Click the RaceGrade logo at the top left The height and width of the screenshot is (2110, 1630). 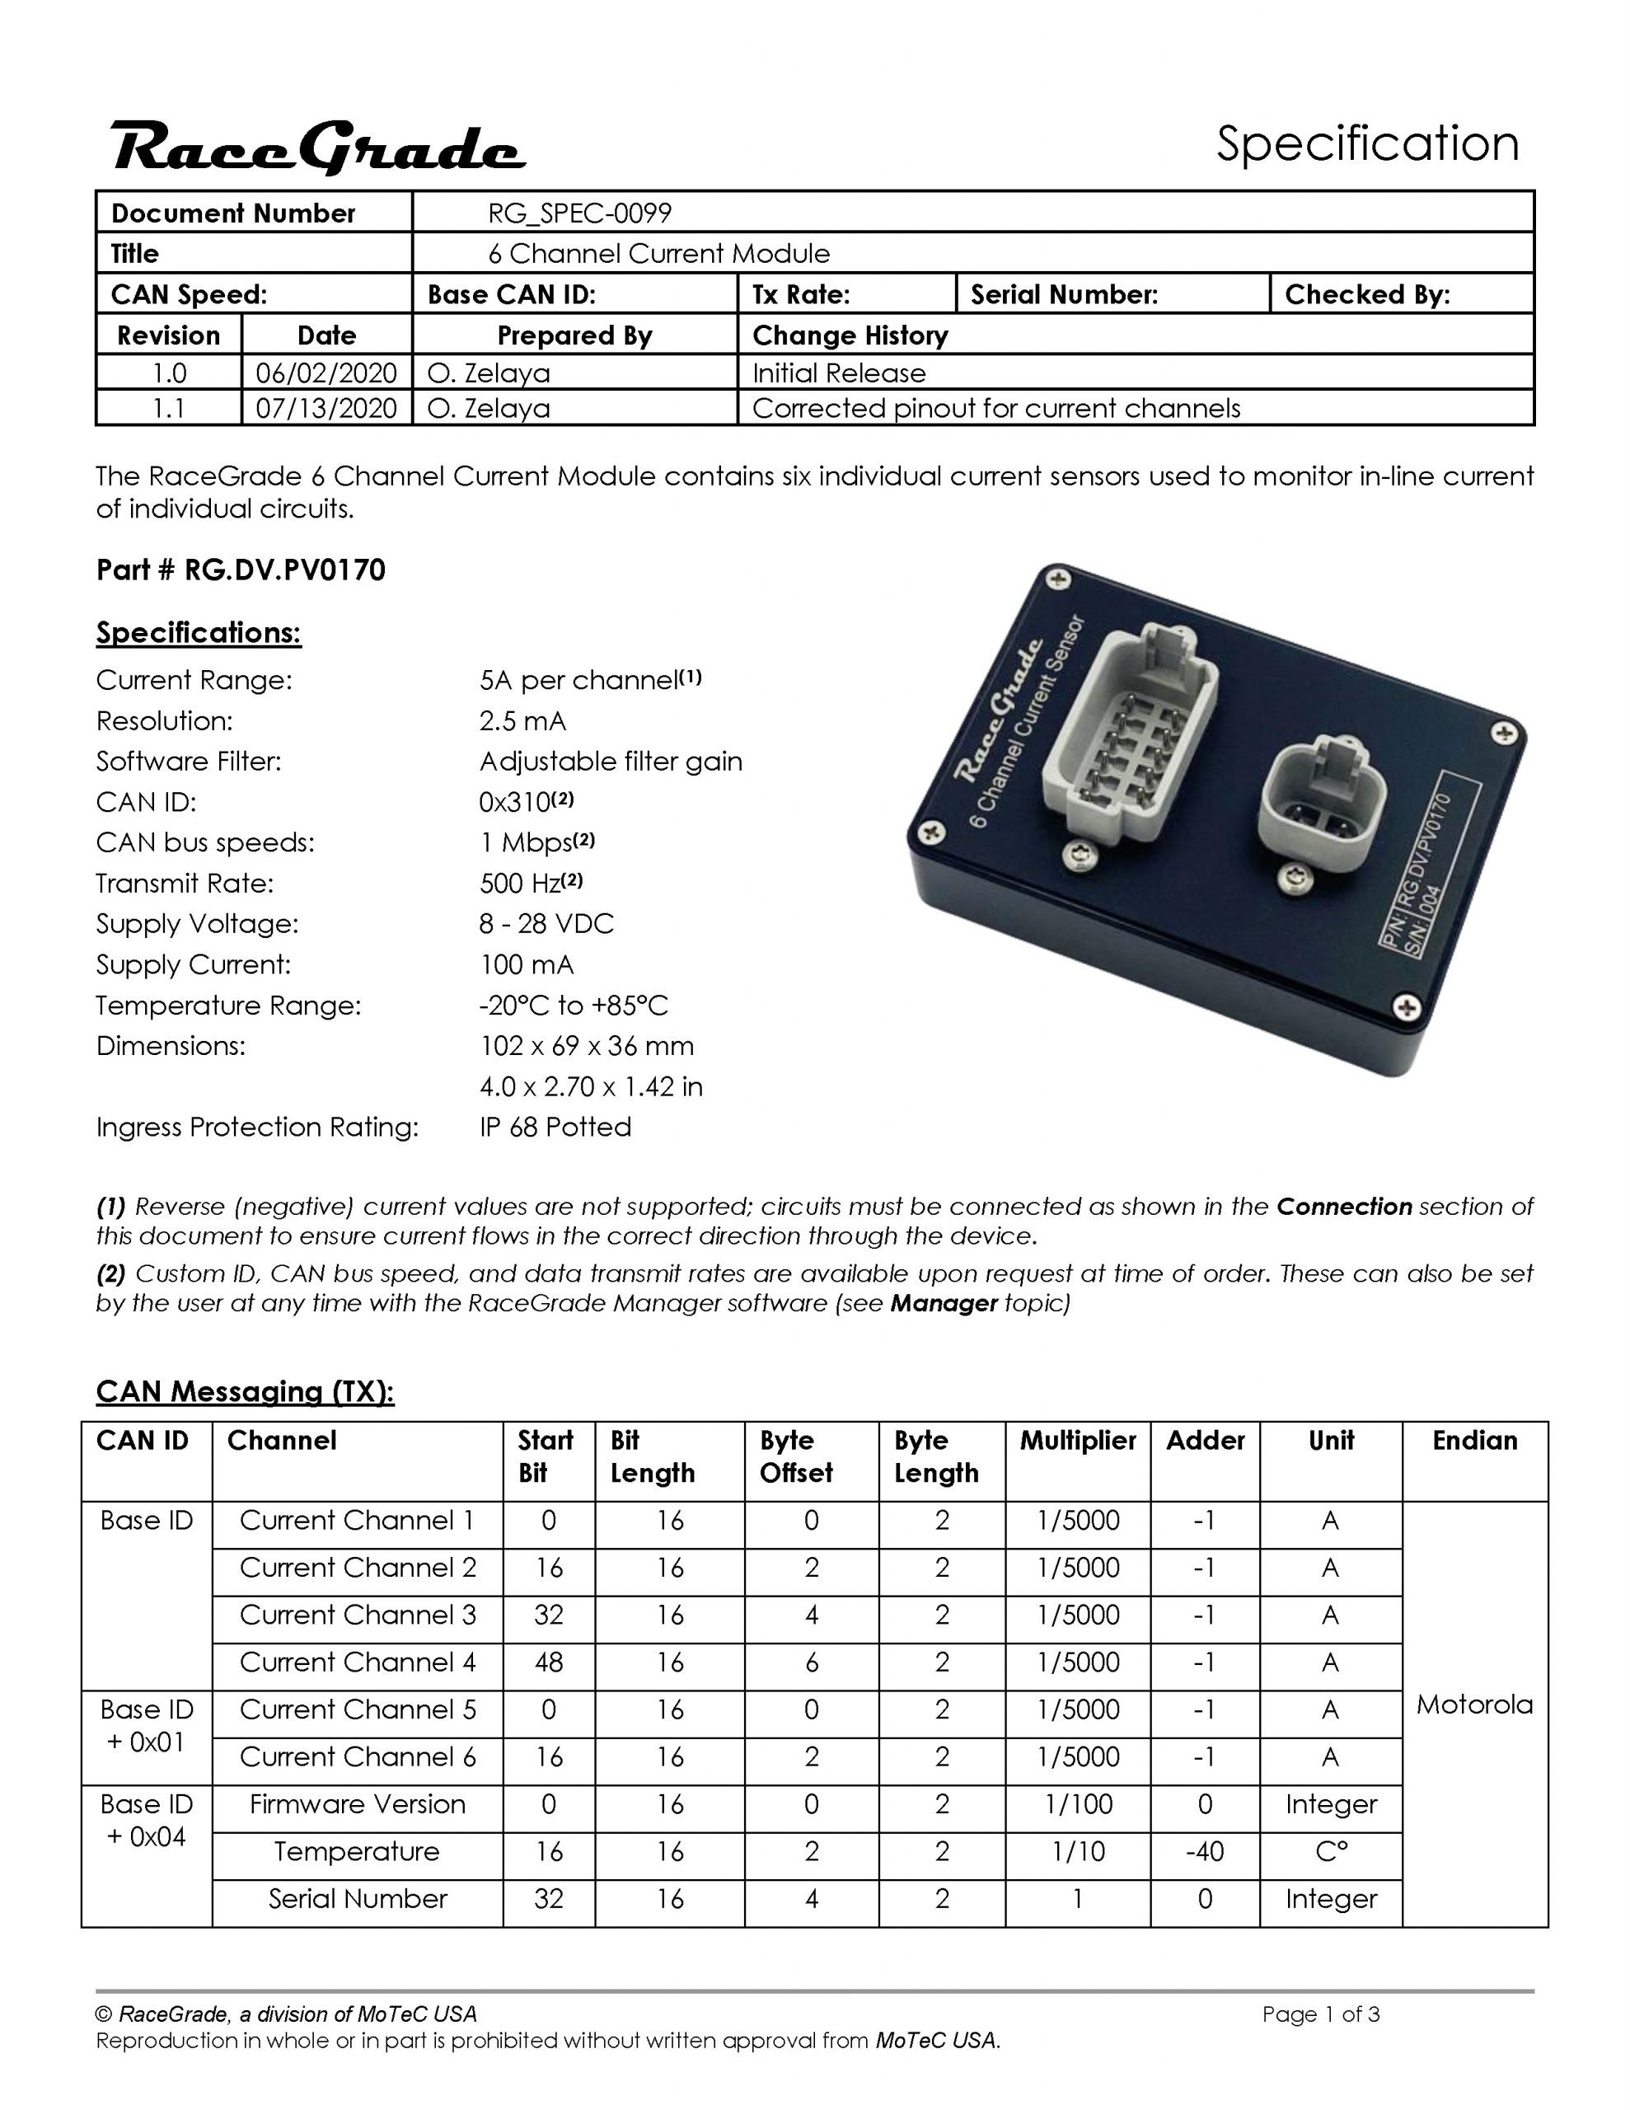[x=318, y=148]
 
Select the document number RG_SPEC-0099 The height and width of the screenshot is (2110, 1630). [x=578, y=213]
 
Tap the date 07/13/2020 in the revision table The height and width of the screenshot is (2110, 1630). [x=326, y=408]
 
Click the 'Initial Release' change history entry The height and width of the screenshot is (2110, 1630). [x=838, y=373]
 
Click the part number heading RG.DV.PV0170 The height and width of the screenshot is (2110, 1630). [x=241, y=570]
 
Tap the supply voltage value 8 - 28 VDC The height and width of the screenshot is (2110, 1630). [x=546, y=924]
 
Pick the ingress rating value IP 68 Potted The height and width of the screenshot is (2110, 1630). [x=555, y=1127]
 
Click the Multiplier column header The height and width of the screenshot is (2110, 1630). [x=1076, y=1441]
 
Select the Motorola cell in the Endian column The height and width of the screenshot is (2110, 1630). [x=1473, y=1704]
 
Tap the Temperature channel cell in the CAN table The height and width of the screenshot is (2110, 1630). [x=357, y=1851]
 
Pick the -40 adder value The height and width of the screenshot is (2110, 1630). [x=1204, y=1851]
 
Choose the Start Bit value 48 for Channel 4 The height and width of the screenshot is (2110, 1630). [x=548, y=1662]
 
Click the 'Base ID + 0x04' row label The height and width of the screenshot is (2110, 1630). [x=146, y=1820]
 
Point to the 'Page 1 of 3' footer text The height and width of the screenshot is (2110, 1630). [x=1320, y=2014]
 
